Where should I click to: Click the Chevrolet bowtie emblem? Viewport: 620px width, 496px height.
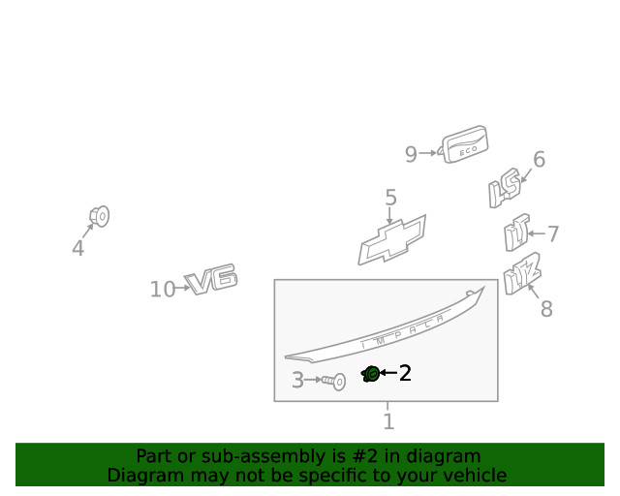point(391,240)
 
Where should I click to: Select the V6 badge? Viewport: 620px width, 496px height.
point(211,278)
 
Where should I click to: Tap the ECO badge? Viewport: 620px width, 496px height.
point(463,144)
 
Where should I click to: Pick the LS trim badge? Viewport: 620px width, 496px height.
point(505,188)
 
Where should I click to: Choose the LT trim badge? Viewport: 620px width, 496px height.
point(516,232)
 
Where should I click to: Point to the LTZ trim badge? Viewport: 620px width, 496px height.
point(522,273)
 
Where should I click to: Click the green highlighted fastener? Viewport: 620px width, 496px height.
point(370,374)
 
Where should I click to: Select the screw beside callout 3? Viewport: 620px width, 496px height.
point(333,382)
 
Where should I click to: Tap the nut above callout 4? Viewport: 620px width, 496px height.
point(99,216)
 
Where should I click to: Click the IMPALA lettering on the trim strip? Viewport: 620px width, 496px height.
point(403,330)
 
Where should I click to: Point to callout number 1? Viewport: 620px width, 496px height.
point(388,421)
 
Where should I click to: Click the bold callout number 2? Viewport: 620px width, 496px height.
point(405,373)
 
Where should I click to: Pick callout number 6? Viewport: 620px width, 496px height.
point(539,160)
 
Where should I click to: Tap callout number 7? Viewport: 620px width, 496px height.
point(553,233)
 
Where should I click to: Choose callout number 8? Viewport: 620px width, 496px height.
point(546,308)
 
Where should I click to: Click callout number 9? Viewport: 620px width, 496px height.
point(411,154)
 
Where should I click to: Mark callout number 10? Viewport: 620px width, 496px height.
point(163,289)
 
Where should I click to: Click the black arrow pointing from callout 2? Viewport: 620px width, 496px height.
point(388,373)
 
